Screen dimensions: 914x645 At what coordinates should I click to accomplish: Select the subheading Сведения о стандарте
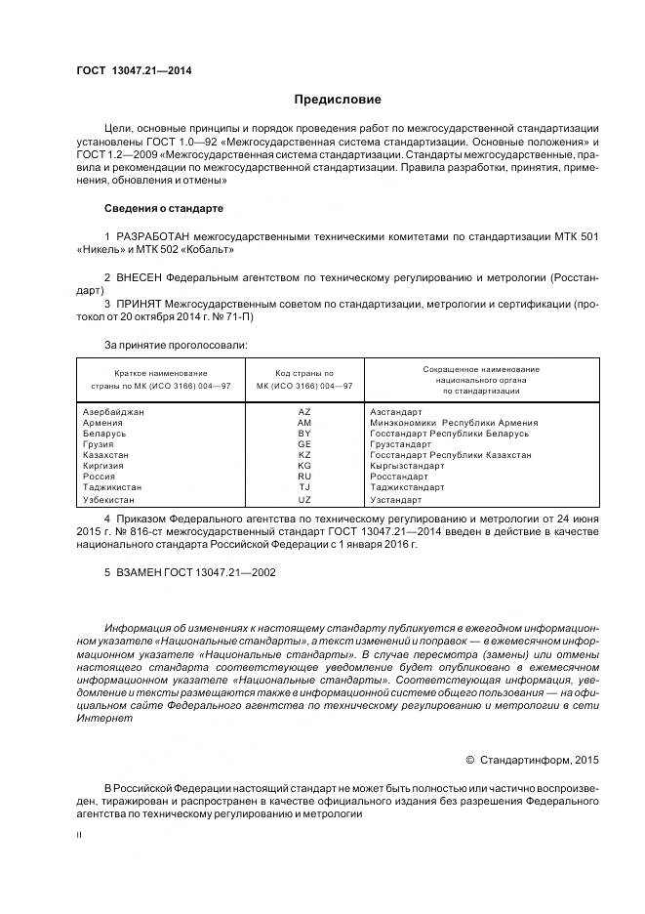[x=164, y=208]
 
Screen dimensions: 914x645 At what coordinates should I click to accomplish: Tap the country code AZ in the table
[x=303, y=412]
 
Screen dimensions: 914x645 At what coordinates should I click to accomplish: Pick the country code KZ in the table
[x=303, y=455]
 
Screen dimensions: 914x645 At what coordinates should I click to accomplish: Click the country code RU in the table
[x=303, y=477]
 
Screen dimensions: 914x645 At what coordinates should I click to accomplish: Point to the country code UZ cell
[x=303, y=499]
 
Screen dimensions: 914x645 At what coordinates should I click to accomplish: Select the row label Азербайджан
[x=114, y=412]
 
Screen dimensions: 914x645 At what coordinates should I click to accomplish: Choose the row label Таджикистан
[x=113, y=487]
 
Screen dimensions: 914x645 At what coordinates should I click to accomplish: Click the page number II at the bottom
[x=79, y=836]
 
